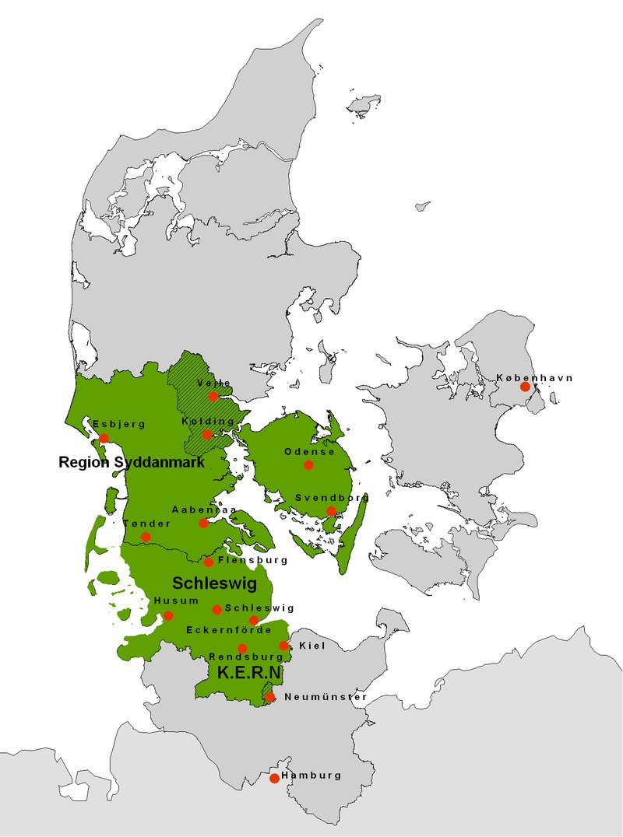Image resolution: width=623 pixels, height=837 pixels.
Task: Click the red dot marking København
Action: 525,387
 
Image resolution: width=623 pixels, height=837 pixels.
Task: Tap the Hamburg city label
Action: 311,776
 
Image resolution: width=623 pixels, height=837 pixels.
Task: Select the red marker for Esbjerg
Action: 104,438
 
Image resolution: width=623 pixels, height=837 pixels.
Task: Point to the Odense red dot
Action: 308,465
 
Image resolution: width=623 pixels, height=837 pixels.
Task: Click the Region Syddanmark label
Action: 132,463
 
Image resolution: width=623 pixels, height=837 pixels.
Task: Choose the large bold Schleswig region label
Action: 214,583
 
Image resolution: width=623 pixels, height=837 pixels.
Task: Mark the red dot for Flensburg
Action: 209,562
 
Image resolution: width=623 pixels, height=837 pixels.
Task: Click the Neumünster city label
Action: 325,697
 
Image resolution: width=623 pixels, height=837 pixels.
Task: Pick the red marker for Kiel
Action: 283,646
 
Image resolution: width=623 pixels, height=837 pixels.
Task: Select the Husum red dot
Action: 168,615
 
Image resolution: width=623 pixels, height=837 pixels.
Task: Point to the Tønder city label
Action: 146,524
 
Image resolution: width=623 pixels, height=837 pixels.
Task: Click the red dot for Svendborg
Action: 331,511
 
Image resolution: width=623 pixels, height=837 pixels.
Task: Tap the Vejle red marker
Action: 213,396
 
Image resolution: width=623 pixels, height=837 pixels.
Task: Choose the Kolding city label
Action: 208,422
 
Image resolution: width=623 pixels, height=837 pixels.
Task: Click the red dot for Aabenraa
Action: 203,523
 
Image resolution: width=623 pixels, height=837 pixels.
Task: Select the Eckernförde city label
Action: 228,629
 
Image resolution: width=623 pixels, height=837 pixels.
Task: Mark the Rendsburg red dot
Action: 242,648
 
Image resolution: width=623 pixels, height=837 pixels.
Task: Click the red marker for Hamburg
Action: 274,778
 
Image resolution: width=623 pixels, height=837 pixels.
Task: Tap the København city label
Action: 534,378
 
